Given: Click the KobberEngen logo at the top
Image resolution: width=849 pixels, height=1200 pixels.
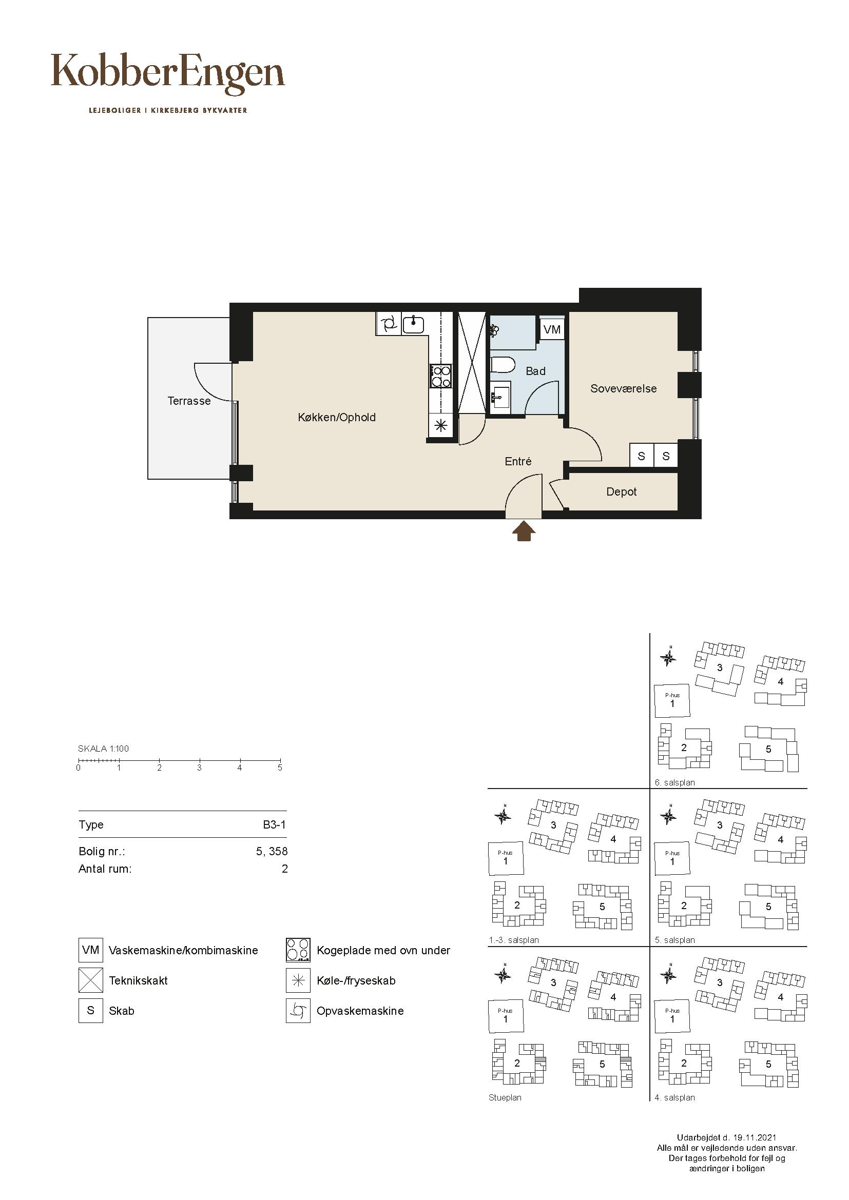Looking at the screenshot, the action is [168, 75].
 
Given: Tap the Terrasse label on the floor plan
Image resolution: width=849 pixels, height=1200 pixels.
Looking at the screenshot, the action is [189, 401].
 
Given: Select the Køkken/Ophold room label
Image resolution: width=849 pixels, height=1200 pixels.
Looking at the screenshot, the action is [337, 417].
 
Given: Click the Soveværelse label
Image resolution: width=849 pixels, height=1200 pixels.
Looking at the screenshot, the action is [623, 388].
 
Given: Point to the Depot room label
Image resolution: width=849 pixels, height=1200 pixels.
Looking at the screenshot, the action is [622, 492].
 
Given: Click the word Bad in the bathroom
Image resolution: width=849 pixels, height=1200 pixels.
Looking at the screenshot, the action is [535, 371].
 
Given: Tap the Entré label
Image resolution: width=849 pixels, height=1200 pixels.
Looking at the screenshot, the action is [518, 461].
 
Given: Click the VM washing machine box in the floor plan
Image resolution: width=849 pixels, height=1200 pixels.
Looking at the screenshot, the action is [552, 329].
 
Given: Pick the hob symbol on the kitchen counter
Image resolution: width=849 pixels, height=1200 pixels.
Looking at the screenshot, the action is [441, 376].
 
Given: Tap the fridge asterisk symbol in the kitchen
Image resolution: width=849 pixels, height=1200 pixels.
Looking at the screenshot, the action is [441, 425].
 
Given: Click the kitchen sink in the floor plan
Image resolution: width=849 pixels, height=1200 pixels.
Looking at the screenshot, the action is [414, 324].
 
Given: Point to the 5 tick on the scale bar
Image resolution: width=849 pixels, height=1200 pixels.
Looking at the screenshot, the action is [280, 762].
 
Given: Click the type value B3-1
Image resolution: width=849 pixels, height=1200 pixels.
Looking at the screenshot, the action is [275, 825].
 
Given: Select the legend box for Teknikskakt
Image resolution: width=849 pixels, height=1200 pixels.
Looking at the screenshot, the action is [90, 980].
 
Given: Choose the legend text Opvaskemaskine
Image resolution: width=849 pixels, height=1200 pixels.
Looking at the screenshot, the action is [360, 1011].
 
